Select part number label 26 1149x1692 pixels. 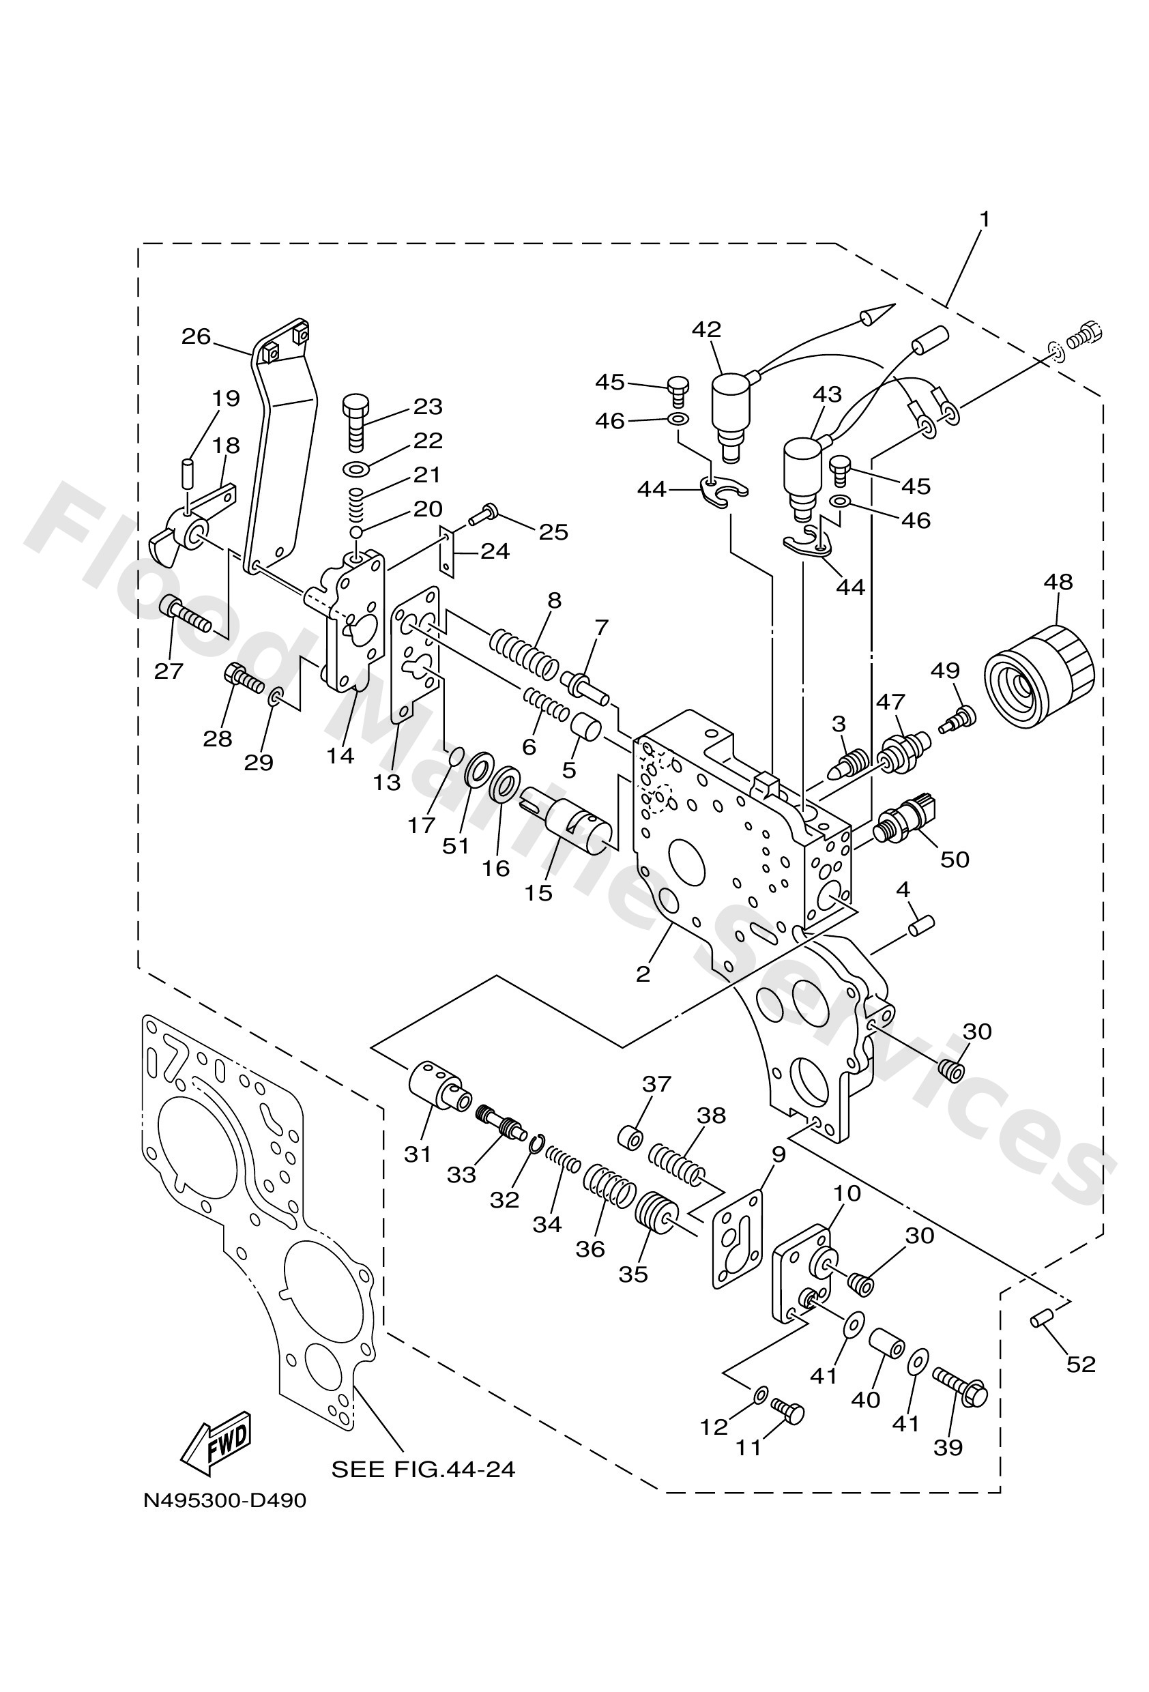pos(196,336)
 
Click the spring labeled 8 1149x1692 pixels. pos(524,651)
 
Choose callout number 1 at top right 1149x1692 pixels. pos(985,218)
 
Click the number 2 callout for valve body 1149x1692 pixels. pos(642,974)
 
